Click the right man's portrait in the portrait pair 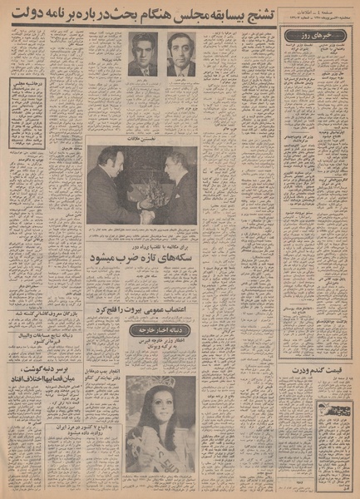180,57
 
